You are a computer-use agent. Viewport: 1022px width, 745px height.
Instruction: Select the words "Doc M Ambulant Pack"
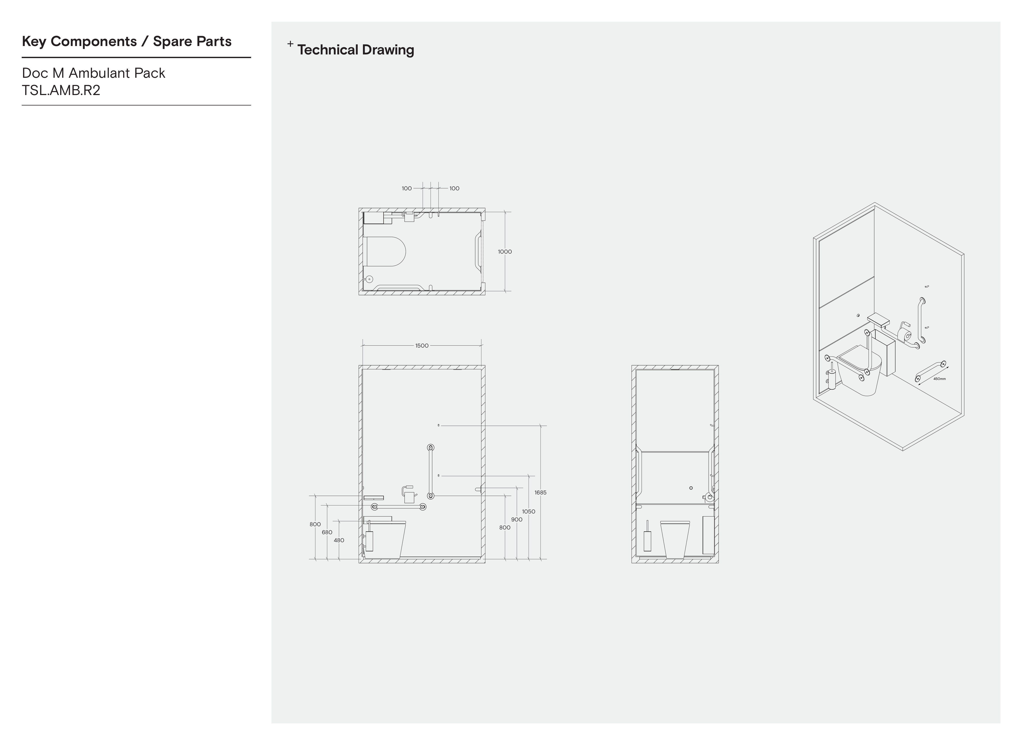(x=94, y=73)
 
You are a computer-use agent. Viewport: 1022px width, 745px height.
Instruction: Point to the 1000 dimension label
(x=505, y=252)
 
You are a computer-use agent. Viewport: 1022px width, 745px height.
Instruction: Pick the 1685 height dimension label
(x=540, y=492)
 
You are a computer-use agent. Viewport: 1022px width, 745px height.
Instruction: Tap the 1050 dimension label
(x=528, y=511)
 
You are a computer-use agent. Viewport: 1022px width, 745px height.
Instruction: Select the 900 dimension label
(x=517, y=519)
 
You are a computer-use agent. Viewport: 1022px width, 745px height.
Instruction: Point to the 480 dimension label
(x=339, y=540)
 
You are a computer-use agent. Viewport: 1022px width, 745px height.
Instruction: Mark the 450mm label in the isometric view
(x=940, y=379)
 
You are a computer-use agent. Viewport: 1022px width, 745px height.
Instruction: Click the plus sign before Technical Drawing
(x=290, y=44)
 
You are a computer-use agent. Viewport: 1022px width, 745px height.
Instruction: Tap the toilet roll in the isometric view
(x=904, y=335)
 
